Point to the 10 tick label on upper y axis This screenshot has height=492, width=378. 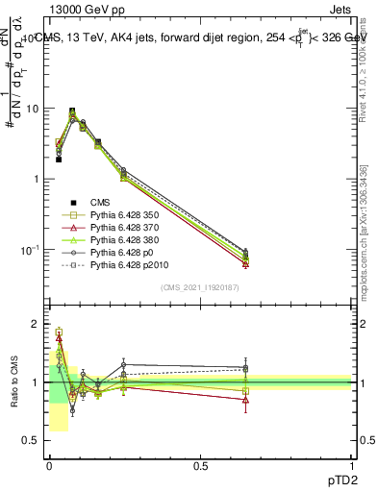[x=31, y=109]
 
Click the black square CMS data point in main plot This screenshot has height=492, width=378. [x=59, y=160]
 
